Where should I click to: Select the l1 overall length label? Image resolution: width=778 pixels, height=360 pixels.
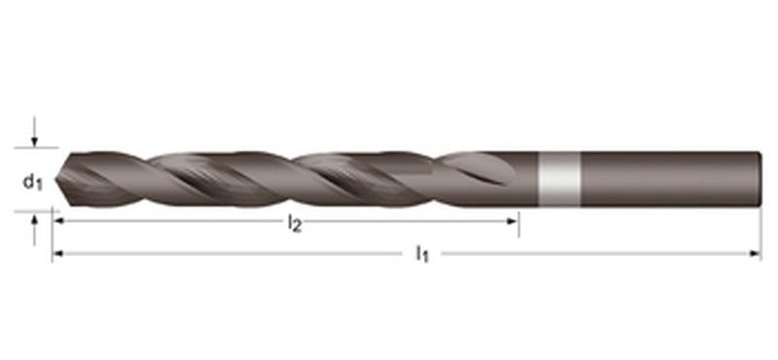click(422, 255)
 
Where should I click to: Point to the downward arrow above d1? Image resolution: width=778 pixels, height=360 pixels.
click(34, 135)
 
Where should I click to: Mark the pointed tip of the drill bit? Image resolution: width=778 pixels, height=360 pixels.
click(55, 181)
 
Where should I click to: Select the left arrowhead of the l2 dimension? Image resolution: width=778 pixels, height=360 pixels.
click(58, 223)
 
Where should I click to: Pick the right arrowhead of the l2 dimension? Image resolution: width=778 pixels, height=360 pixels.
click(513, 223)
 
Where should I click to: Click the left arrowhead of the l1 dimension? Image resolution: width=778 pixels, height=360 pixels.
click(58, 255)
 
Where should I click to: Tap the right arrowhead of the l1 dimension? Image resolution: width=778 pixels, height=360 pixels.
click(756, 255)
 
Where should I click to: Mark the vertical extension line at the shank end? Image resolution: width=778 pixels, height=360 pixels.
click(761, 234)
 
